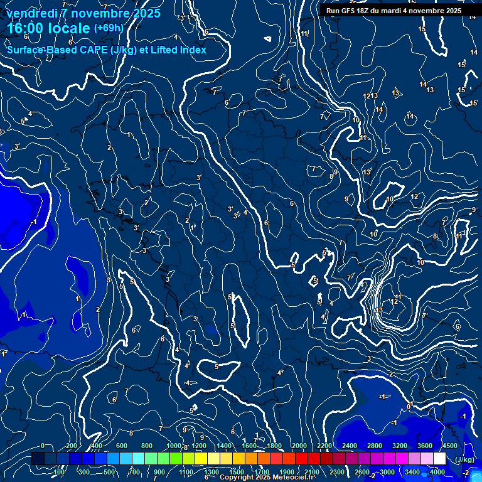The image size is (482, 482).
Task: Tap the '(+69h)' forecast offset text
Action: coord(109,28)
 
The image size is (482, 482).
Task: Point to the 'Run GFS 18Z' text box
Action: coord(394,11)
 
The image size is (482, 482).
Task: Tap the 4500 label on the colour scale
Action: coord(449,446)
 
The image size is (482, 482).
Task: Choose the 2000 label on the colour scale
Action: coord(299,446)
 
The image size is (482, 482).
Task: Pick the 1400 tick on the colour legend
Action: coord(223,446)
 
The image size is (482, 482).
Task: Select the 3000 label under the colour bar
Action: coord(387,472)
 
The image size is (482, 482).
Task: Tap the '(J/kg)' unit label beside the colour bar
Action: coord(464,459)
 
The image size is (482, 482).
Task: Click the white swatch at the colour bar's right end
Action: coord(440,459)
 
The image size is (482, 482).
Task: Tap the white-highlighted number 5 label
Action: coord(315,281)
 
